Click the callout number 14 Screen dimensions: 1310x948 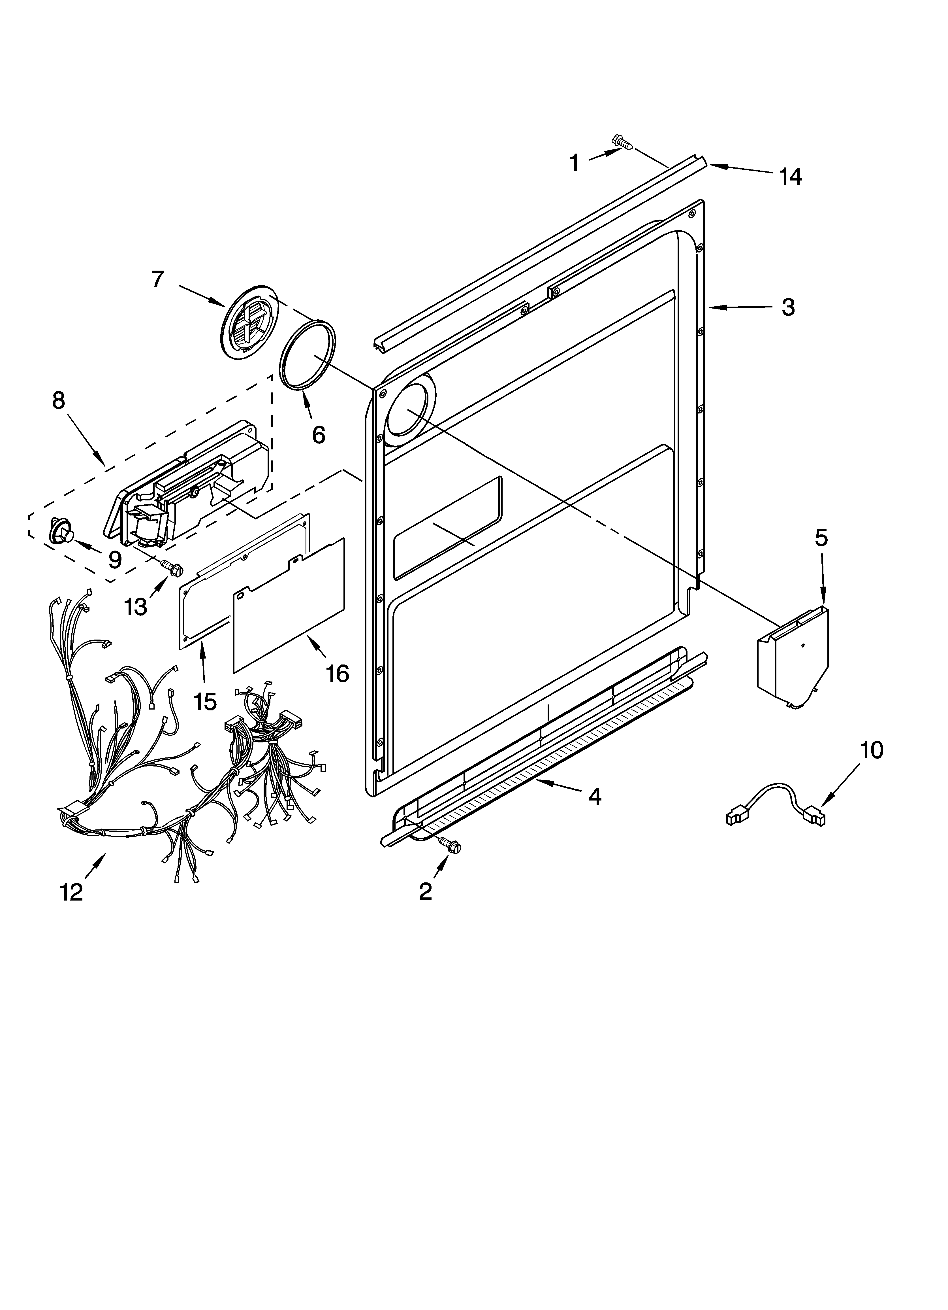tap(790, 177)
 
